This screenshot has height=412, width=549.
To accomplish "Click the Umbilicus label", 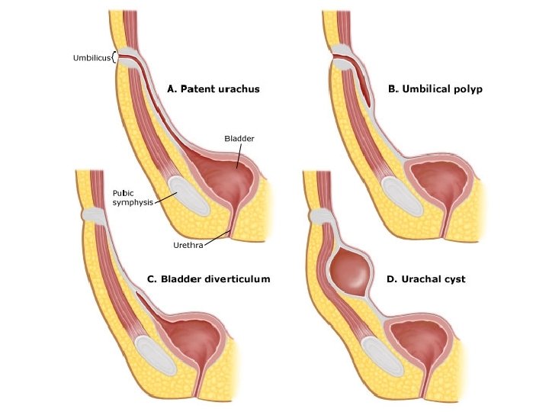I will [91, 57].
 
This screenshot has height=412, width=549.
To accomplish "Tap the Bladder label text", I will [239, 139].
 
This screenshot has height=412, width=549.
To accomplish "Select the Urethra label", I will [188, 246].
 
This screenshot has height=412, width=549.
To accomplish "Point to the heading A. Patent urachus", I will [213, 89].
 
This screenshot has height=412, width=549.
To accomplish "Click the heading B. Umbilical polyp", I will [435, 89].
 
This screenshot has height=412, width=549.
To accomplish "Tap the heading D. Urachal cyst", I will [425, 279].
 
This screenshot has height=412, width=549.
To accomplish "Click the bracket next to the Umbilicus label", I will [114, 57].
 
